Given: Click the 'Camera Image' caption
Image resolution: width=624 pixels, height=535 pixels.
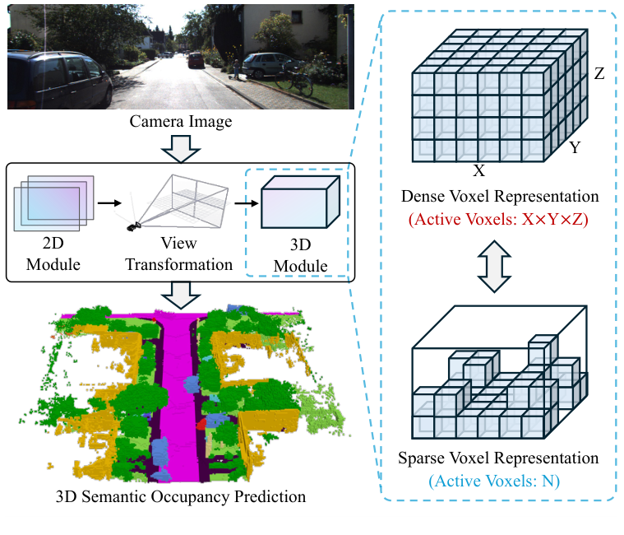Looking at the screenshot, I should tap(180, 123).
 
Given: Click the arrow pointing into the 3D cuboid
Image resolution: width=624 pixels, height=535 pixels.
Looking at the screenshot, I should tap(243, 200).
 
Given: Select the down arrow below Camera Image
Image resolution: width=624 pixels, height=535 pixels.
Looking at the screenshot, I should tap(180, 148).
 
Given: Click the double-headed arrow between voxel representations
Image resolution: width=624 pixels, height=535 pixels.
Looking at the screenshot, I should tap(500, 267).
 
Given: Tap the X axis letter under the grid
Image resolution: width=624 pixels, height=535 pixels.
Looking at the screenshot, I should tap(479, 171).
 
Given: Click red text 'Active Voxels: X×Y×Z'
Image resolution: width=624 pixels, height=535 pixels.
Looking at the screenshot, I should tap(500, 220).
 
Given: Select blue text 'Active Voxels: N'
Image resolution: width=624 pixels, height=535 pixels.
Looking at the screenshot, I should tap(500, 481).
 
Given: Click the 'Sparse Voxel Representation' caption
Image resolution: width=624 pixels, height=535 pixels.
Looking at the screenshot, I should tap(500, 458).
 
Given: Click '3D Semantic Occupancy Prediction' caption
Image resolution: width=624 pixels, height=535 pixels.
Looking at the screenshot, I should tap(180, 497).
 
